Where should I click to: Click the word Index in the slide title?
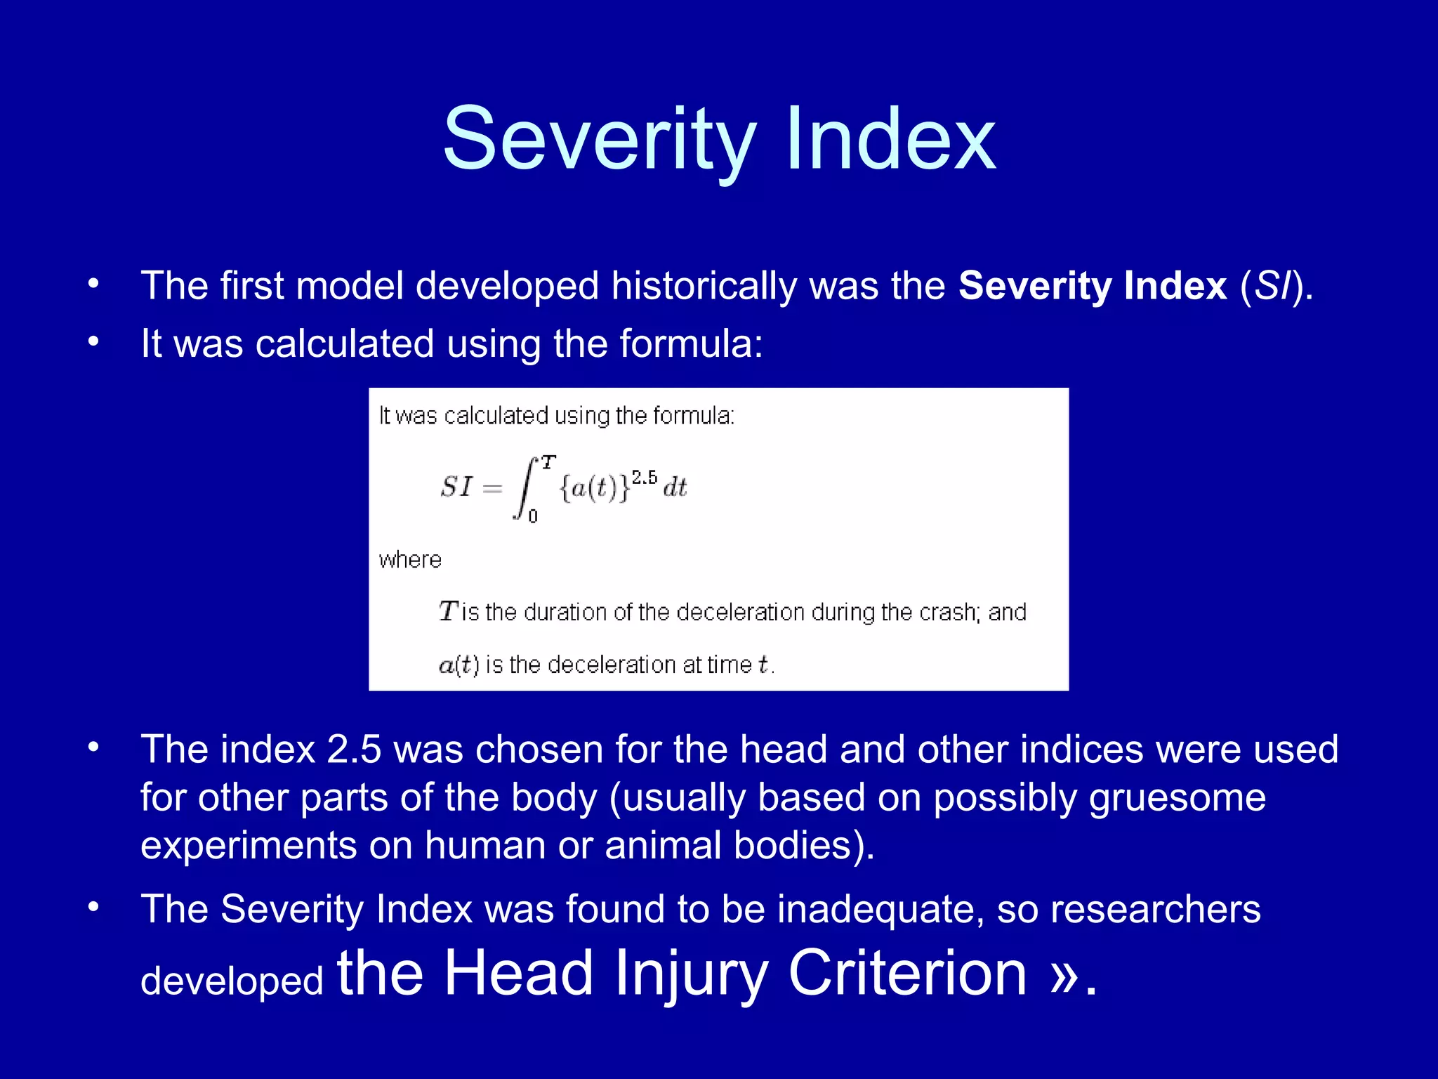pyautogui.click(x=890, y=140)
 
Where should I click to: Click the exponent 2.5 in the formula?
pyautogui.click(x=644, y=478)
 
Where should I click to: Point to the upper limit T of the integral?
pyautogui.click(x=548, y=462)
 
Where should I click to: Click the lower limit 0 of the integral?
pyautogui.click(x=533, y=516)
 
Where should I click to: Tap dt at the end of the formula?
pyautogui.click(x=675, y=488)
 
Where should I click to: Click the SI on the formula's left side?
pyautogui.click(x=457, y=487)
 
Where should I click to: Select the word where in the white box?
pyautogui.click(x=410, y=560)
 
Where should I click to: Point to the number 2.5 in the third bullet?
pyautogui.click(x=354, y=749)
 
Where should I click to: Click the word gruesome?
pyautogui.click(x=1178, y=797)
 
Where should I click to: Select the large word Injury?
pyautogui.click(x=691, y=973)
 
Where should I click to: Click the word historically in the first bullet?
pyautogui.click(x=704, y=286)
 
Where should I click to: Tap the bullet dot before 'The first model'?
pyautogui.click(x=93, y=285)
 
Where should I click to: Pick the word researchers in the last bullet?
pyautogui.click(x=1155, y=909)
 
